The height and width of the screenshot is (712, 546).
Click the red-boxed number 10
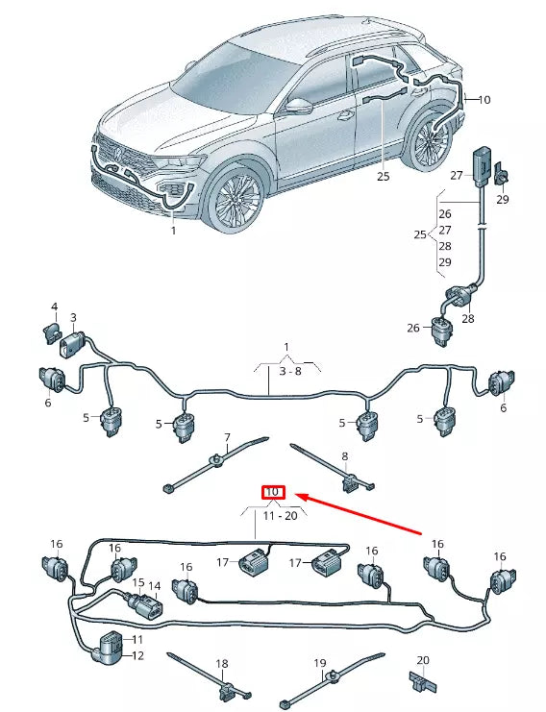273,492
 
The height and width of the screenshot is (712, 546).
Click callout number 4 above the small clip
55,307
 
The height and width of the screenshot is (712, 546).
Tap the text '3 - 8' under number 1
290,371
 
